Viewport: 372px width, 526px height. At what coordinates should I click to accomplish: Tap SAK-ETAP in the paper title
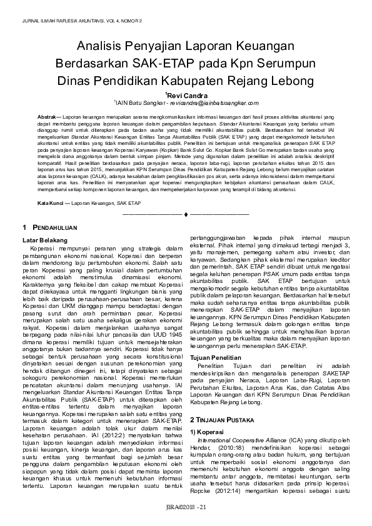tap(164, 64)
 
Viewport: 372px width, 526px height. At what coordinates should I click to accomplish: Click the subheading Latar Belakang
tap(44, 240)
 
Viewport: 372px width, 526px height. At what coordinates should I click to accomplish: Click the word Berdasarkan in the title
tap(92, 64)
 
